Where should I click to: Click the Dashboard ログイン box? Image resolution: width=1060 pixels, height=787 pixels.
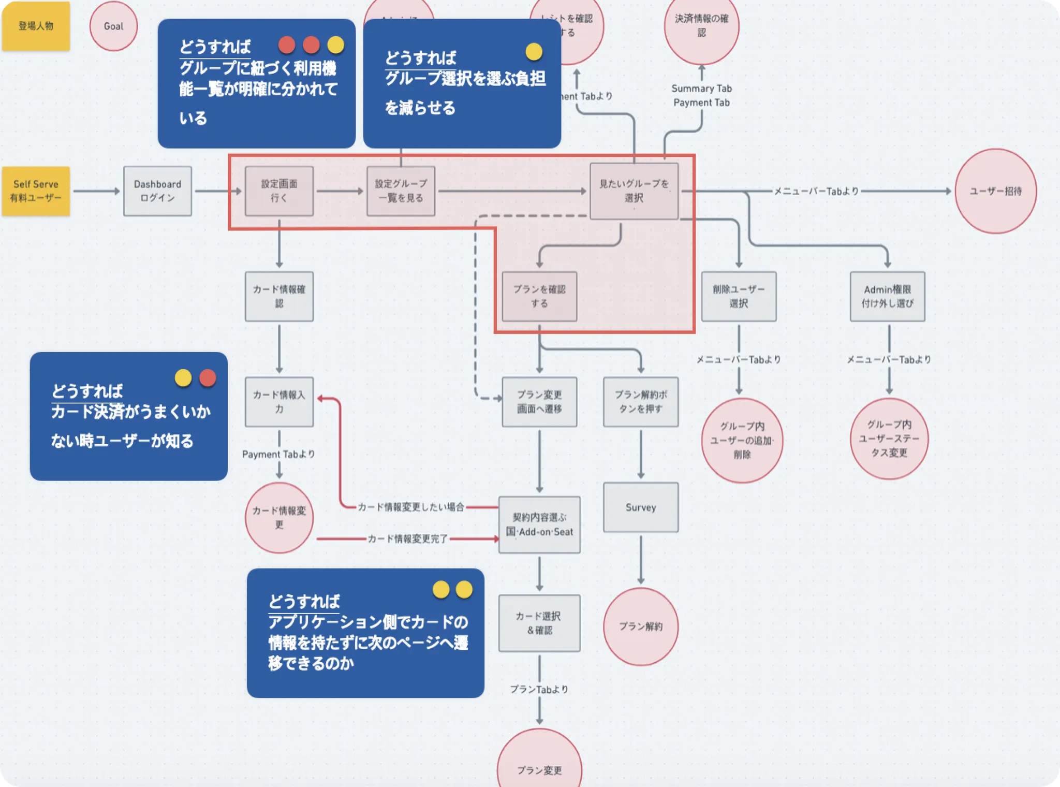(x=157, y=191)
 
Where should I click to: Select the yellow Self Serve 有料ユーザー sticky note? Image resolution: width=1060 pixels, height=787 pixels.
(x=36, y=191)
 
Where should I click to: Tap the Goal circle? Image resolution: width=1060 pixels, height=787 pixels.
(x=113, y=26)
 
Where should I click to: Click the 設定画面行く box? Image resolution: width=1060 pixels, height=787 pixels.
(x=279, y=191)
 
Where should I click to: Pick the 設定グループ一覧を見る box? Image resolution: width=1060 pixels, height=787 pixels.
(x=401, y=191)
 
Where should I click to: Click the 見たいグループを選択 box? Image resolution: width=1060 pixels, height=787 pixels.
(x=634, y=191)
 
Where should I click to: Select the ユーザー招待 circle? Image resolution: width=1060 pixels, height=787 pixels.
(x=995, y=191)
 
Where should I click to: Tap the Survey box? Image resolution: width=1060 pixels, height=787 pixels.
(x=640, y=507)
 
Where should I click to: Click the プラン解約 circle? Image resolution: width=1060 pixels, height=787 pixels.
(x=640, y=626)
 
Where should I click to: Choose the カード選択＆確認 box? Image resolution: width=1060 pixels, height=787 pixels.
(x=539, y=623)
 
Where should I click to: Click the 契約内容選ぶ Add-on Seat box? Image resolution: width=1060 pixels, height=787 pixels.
(x=539, y=524)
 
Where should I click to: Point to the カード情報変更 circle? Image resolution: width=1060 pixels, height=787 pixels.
(x=279, y=518)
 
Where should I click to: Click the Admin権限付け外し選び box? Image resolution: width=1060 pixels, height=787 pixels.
(x=887, y=296)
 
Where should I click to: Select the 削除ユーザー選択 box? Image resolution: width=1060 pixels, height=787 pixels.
(x=739, y=296)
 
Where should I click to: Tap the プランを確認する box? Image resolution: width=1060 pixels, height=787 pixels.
(x=539, y=296)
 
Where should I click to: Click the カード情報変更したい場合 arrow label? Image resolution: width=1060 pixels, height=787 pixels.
(x=411, y=507)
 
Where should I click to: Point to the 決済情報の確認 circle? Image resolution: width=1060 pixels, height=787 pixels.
(x=701, y=26)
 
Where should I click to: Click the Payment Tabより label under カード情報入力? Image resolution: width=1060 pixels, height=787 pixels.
(x=278, y=454)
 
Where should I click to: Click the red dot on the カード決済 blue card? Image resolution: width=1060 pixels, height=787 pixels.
(x=208, y=378)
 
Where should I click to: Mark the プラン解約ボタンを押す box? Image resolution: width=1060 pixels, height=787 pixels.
(x=640, y=402)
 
